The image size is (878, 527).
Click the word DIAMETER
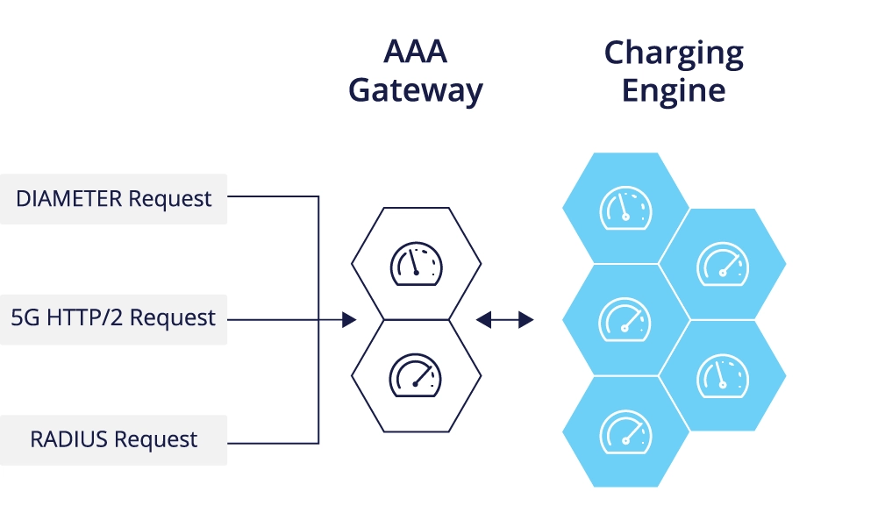pos(69,199)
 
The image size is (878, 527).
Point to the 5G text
pos(24,317)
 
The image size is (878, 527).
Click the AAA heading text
pos(415,52)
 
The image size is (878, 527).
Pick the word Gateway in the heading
pos(415,90)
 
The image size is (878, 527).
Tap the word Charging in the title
pos(674,54)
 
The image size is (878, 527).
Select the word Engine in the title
pos(674,90)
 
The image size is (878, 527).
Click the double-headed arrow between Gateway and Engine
pos(504,320)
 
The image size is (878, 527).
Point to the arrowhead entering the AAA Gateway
pos(349,320)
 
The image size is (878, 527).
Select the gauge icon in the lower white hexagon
pos(416,374)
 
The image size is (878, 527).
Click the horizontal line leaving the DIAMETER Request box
pos(272,196)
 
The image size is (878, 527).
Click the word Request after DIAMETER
pos(170,199)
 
